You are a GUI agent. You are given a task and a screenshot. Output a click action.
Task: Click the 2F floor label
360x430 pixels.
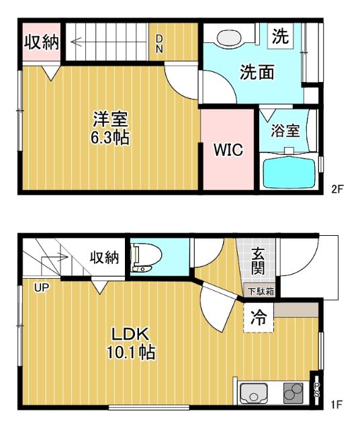click(337, 189)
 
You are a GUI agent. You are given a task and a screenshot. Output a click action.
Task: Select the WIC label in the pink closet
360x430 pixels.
click(228, 150)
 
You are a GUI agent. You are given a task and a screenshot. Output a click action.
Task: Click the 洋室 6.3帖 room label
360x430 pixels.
click(111, 128)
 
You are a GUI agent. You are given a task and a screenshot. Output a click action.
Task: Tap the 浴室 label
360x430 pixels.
click(285, 130)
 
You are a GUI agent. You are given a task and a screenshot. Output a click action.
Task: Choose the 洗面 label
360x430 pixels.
click(257, 73)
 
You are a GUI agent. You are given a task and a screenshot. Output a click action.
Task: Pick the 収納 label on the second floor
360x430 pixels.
click(42, 42)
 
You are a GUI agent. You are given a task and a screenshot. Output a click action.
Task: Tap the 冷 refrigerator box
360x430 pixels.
click(259, 318)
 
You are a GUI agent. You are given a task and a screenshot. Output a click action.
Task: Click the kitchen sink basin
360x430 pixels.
click(255, 394)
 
